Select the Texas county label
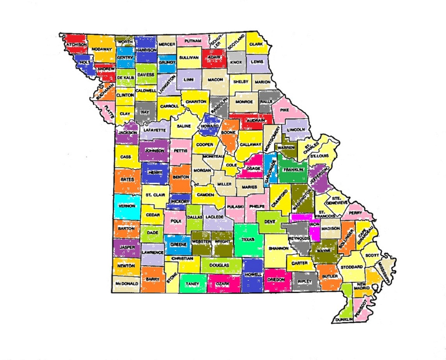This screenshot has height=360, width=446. tap(248, 239)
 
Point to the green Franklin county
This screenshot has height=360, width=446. tap(292, 170)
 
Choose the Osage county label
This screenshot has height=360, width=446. tap(253, 168)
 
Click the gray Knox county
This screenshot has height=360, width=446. tap(236, 62)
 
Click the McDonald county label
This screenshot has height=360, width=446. tap(126, 284)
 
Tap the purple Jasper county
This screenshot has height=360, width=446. tap(126, 248)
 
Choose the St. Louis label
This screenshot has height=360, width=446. tap(318, 156)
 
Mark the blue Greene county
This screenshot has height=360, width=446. tap(175, 244)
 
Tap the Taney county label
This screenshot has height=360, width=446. tap(193, 283)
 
